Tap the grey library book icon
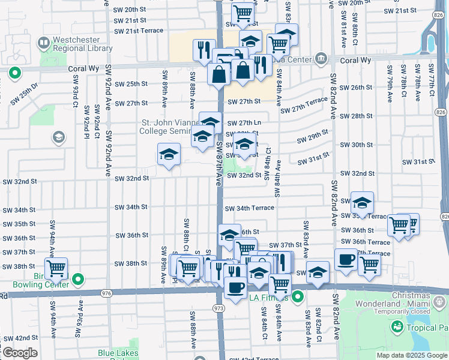[43, 43]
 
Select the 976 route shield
[107, 293]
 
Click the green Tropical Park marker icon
[396, 327]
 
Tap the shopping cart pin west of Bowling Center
[56, 269]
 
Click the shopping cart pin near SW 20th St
[243, 12]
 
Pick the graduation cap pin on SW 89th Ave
[169, 155]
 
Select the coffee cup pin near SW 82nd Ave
[346, 260]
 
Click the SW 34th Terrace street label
[250, 208]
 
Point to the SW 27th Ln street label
[244, 123]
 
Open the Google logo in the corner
[19, 353]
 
